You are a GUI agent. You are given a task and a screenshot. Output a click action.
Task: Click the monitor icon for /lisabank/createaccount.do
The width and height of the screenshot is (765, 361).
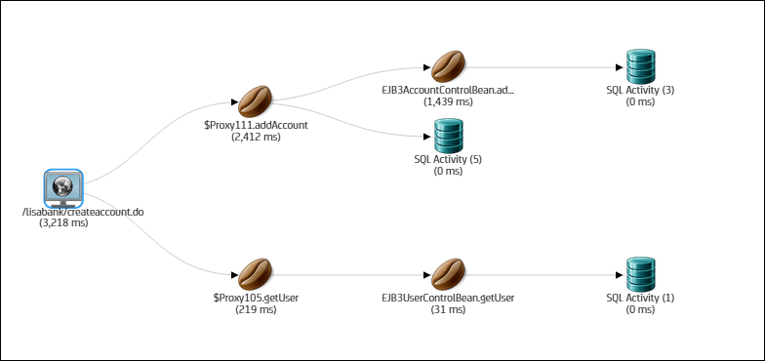click(63, 186)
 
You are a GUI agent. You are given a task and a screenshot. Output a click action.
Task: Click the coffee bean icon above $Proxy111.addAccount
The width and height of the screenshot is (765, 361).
click(256, 100)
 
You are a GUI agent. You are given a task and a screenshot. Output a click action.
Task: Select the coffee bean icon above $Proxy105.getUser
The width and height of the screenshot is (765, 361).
click(256, 273)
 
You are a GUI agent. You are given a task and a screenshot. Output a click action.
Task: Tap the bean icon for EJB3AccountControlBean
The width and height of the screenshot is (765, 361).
click(448, 66)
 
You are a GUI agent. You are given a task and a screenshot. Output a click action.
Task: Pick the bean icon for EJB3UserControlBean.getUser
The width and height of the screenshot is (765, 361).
click(448, 273)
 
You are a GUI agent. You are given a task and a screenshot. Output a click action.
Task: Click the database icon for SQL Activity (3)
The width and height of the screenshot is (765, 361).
click(639, 66)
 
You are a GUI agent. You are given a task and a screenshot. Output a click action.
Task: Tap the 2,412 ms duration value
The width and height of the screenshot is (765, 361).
click(256, 138)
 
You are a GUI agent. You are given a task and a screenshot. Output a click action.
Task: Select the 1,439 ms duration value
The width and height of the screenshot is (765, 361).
click(448, 100)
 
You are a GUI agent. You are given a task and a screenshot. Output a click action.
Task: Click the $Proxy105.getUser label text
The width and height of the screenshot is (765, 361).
click(256, 298)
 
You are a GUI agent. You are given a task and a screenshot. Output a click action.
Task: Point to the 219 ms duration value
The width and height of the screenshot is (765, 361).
click(256, 309)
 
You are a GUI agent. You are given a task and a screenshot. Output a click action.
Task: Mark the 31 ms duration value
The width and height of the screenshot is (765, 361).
click(448, 309)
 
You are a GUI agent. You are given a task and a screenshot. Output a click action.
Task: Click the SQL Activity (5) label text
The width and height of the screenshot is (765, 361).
click(448, 159)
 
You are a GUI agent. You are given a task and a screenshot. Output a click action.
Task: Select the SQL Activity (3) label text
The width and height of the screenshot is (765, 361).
click(639, 90)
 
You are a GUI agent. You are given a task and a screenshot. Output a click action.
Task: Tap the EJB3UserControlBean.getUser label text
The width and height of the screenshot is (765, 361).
click(448, 298)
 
